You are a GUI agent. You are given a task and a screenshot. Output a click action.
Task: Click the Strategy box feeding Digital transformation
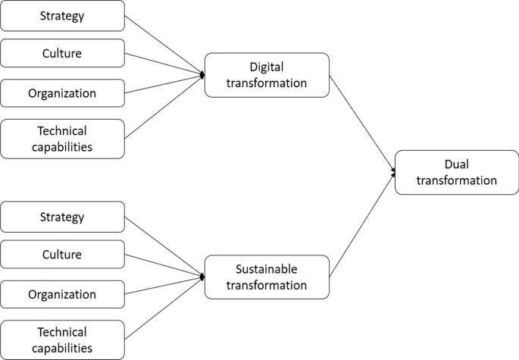point(62,14)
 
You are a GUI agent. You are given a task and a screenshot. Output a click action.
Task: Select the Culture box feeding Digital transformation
point(62,54)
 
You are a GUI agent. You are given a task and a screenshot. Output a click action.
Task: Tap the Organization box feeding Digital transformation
point(62,93)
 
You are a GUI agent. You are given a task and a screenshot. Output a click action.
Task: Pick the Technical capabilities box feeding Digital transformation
point(62,139)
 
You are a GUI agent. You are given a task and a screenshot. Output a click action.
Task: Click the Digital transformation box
point(267,75)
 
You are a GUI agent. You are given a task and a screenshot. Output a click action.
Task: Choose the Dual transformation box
point(456,172)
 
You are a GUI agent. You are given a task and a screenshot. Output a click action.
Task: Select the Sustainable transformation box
point(267,277)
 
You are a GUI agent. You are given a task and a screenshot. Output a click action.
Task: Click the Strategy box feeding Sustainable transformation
point(62,218)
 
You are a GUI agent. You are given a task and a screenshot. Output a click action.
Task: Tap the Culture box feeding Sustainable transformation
point(62,255)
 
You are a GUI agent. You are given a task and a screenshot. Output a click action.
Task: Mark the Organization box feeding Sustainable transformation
point(62,294)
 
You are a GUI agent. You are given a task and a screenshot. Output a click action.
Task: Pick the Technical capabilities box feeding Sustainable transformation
point(62,339)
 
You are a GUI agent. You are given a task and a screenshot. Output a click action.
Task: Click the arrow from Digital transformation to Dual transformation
point(362,123)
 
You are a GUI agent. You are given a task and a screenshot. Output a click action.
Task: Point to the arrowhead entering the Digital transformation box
point(202,75)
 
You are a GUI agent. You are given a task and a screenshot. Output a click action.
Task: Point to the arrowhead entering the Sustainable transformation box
point(202,277)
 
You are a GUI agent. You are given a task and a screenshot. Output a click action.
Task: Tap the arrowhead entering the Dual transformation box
point(392,173)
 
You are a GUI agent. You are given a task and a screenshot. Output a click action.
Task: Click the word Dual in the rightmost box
point(456,164)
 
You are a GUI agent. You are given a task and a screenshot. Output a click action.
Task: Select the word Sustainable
point(267,269)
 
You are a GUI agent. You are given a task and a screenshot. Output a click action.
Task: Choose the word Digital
point(267,67)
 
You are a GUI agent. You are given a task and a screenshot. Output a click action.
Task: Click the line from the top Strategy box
point(163,44)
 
